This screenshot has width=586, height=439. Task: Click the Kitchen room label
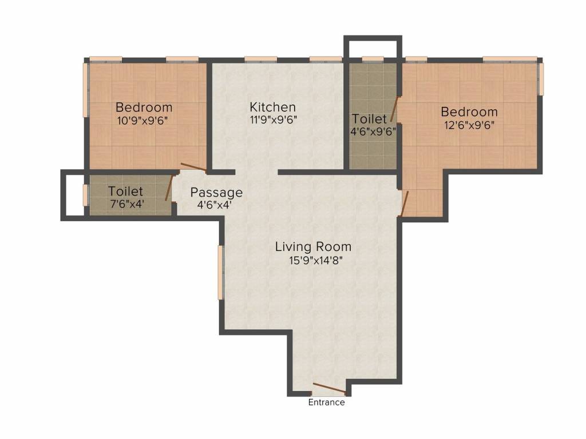(272, 107)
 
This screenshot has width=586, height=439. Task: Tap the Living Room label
(313, 247)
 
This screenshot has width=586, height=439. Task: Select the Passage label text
(216, 193)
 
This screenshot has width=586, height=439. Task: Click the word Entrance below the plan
(326, 402)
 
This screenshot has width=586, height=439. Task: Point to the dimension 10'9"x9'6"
(142, 121)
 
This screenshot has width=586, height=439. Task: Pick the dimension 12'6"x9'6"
(469, 125)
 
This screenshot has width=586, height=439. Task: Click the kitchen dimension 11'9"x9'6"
(273, 120)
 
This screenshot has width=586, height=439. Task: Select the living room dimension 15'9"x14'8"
(316, 260)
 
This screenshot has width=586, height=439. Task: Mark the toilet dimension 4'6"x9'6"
(373, 131)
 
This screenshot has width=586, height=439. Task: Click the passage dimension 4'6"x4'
(215, 205)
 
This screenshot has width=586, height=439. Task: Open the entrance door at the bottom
(330, 388)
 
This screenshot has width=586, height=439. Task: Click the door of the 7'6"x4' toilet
(169, 187)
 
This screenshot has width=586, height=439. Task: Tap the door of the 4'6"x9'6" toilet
(395, 109)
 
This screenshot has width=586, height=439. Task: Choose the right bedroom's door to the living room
(404, 204)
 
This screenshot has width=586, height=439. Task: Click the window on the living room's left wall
(220, 273)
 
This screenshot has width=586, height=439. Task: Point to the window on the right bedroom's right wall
(541, 78)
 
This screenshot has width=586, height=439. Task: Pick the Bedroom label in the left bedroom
(144, 107)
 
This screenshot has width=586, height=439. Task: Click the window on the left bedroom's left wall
(85, 90)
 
